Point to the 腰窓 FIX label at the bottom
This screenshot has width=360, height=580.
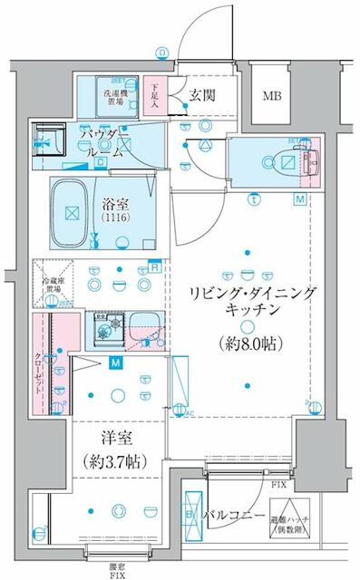coord(118,570)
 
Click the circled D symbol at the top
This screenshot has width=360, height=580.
coord(161,53)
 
